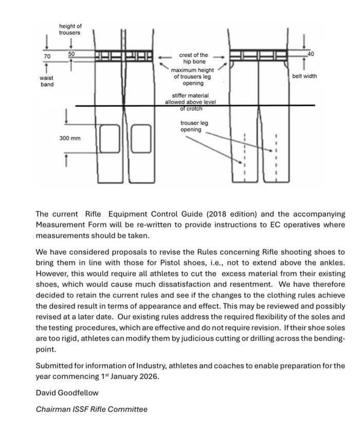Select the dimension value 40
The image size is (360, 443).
pyautogui.click(x=310, y=53)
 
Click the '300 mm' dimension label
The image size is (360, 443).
pyautogui.click(x=69, y=139)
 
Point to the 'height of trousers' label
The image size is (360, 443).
pyautogui.click(x=70, y=29)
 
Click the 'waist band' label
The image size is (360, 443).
pyautogui.click(x=47, y=81)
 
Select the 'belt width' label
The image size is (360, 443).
pyautogui.click(x=304, y=76)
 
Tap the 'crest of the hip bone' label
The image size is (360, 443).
pyautogui.click(x=193, y=58)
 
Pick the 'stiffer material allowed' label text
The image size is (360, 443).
pyautogui.click(x=190, y=99)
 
